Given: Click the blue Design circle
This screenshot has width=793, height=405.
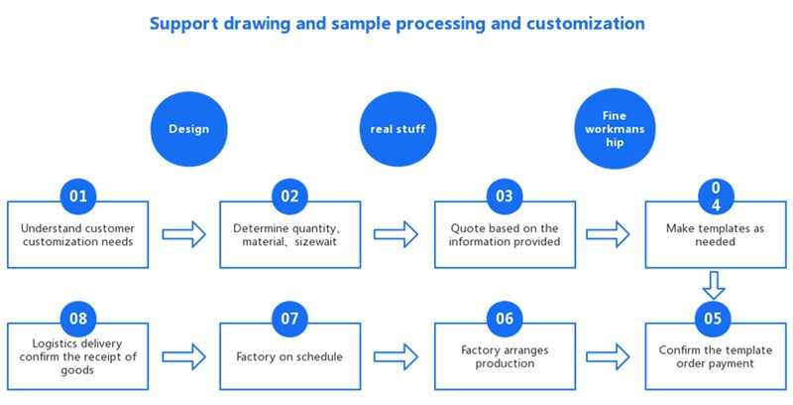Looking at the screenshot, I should coord(188,128).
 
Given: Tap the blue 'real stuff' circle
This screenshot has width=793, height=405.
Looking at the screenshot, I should coord(396,128).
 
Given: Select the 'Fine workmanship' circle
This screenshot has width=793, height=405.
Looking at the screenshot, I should coord(615,129).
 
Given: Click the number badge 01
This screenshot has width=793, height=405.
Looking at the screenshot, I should coord(78,196).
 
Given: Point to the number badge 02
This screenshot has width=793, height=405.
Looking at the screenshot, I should coord(289,196).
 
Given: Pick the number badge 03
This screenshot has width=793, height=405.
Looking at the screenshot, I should coord(505,196).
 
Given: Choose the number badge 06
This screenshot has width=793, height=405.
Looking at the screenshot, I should coord(505,318).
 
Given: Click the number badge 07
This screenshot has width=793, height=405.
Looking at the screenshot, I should coord(289,318).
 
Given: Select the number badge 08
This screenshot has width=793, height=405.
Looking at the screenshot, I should coord(78,318).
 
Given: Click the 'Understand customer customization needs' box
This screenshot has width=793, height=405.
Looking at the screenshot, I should coord(78,235).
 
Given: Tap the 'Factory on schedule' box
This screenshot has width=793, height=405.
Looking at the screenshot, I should coord(289,355).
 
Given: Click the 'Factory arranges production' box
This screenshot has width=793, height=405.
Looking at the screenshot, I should coord(505,355).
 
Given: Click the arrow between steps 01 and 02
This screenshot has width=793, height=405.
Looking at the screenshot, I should coord(183,234).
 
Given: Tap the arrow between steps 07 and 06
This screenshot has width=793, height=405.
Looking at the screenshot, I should coord(396,354).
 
